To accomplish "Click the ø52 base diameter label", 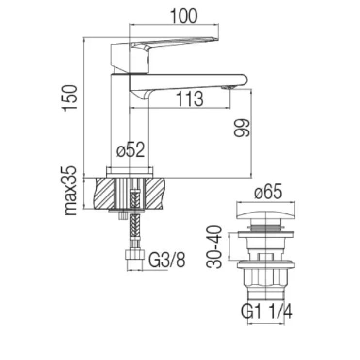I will coord(131,151).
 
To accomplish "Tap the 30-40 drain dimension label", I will coord(215,246).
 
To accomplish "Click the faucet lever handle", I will coord(165,45).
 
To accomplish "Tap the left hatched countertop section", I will coord(105,193).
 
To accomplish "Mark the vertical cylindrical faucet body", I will coord(130,126).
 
